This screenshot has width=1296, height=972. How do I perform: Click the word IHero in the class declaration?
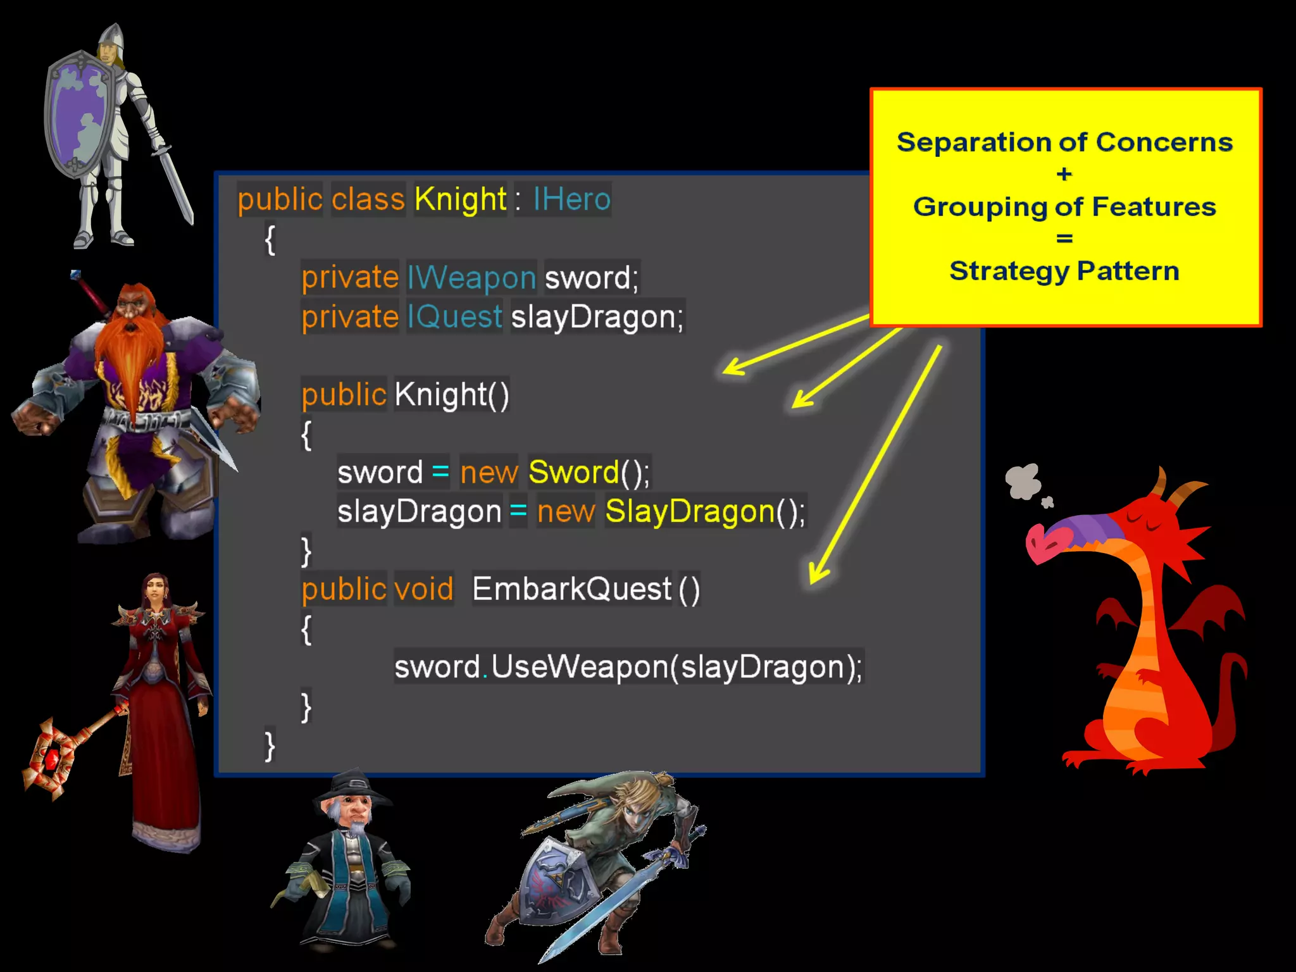[x=571, y=199]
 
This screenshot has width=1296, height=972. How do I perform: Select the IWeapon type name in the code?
[x=471, y=278]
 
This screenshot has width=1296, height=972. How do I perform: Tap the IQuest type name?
[x=454, y=316]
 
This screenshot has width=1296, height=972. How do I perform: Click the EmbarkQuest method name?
[x=572, y=589]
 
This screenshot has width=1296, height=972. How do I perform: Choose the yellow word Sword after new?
[x=573, y=472]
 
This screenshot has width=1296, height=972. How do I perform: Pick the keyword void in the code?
[x=423, y=589]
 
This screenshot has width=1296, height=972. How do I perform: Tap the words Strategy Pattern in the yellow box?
[x=1064, y=271]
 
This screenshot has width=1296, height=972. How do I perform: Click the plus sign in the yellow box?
[x=1064, y=174]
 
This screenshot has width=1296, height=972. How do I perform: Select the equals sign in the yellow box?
[x=1064, y=239]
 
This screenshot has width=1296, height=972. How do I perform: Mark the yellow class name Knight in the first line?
[x=460, y=199]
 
